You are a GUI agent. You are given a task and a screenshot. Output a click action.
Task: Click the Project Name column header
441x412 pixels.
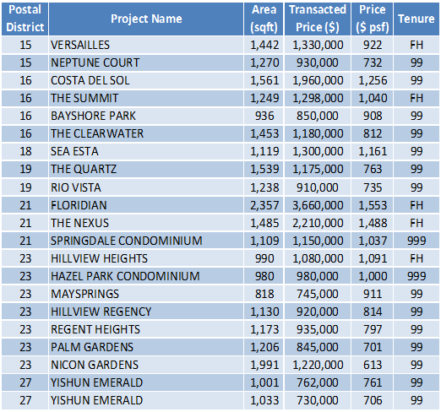[146, 19]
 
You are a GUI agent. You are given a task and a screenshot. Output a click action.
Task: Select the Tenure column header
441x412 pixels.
[416, 19]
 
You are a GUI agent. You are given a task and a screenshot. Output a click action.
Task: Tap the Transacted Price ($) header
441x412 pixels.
[318, 19]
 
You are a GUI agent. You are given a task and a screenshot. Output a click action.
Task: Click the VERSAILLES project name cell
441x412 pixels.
[80, 45]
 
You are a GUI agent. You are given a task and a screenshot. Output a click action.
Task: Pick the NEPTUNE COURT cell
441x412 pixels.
[95, 62]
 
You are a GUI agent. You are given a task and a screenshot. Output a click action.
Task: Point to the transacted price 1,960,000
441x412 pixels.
[318, 80]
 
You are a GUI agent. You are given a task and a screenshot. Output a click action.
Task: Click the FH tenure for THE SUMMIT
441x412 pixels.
[416, 98]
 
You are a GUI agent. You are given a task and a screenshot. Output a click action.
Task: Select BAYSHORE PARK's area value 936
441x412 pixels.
[264, 116]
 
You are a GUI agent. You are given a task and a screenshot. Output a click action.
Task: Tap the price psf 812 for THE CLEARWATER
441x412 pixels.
[373, 133]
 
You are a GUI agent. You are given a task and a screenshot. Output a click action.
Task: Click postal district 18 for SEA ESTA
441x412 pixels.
[25, 151]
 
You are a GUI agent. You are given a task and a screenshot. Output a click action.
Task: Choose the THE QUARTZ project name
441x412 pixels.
[84, 169]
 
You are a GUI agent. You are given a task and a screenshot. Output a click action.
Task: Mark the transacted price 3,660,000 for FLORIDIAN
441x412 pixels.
[318, 205]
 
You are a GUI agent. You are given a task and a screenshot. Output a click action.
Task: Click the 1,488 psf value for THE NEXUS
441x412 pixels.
[373, 223]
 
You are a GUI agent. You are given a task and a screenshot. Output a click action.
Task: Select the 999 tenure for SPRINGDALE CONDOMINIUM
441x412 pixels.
[416, 241]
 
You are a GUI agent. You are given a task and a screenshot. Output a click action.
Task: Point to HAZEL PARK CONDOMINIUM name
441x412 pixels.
[125, 276]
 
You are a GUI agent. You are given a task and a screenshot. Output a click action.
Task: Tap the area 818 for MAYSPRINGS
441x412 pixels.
[264, 294]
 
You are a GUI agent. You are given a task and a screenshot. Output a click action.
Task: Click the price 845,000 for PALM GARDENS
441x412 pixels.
[317, 347]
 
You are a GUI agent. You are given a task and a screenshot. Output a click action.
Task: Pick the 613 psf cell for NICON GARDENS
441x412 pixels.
[373, 365]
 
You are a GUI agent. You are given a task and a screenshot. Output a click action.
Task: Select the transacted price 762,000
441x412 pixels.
[317, 382]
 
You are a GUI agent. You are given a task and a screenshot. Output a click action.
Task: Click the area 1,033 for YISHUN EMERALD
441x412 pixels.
[264, 400]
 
